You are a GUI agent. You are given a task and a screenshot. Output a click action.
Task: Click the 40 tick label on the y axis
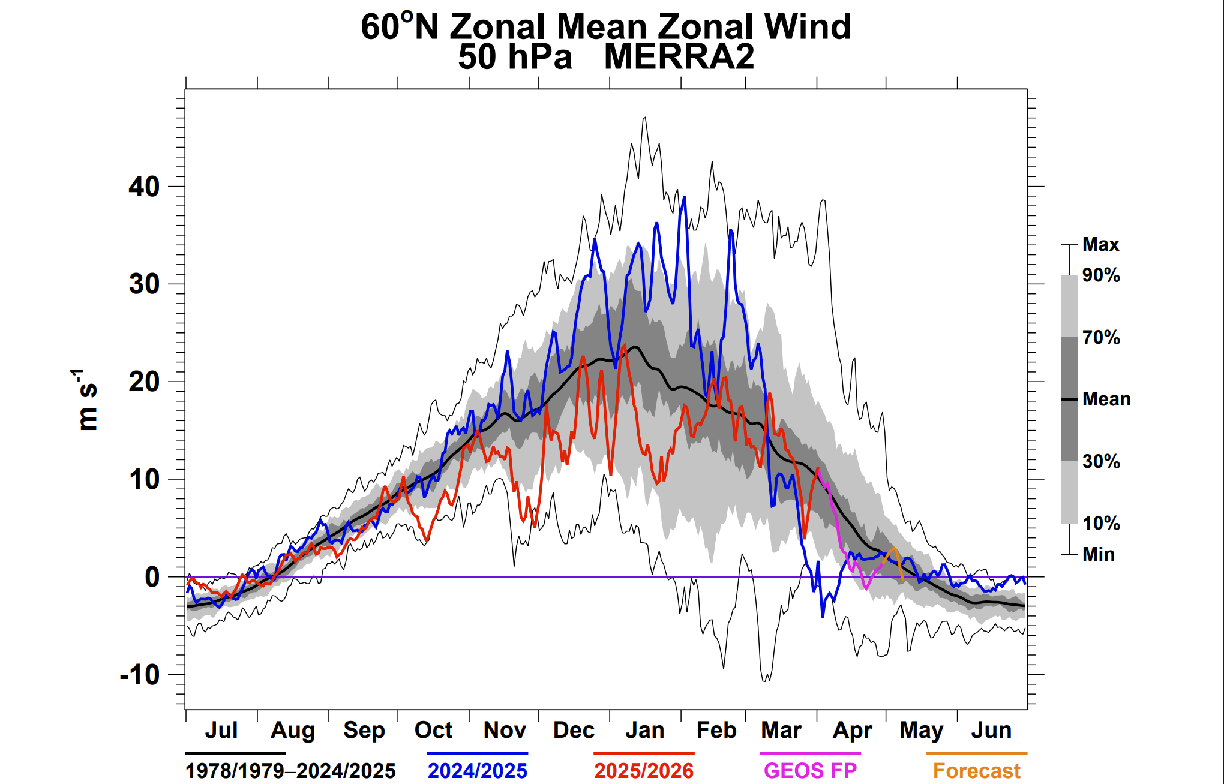(144, 187)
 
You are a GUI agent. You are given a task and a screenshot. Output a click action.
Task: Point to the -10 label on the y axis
(140, 675)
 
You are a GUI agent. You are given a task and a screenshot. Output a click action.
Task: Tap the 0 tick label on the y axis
(152, 577)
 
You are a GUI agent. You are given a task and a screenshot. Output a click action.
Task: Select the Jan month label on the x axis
(645, 730)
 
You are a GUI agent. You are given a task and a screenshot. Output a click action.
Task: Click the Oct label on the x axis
(433, 730)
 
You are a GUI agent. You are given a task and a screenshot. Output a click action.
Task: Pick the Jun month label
(991, 730)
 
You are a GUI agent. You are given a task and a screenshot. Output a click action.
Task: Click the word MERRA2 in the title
(679, 57)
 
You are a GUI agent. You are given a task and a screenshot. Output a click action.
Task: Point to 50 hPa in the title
(515, 57)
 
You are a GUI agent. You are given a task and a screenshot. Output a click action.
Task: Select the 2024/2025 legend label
(478, 771)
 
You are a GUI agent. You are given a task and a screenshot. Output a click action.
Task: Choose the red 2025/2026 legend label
(644, 771)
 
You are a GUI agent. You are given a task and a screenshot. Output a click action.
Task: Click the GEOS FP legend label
(810, 771)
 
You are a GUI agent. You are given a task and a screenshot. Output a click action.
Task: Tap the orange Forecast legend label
(977, 771)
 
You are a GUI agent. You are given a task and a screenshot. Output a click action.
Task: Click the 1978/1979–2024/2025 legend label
(290, 771)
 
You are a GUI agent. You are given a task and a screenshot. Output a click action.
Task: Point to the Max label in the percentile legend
(1100, 244)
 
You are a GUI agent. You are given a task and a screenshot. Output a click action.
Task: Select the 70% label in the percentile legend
(1101, 337)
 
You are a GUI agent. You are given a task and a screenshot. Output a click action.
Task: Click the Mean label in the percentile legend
(1106, 399)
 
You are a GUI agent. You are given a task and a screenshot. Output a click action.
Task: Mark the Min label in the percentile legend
(1099, 554)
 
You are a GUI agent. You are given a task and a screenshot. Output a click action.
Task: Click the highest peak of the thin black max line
(645, 118)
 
